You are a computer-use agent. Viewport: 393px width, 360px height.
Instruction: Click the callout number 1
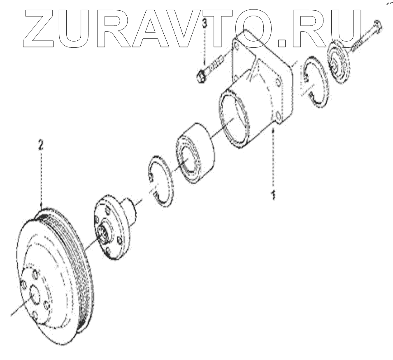(272, 194)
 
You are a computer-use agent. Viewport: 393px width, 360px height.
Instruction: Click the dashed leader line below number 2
(41, 177)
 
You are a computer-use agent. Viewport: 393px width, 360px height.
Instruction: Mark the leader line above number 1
(272, 161)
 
